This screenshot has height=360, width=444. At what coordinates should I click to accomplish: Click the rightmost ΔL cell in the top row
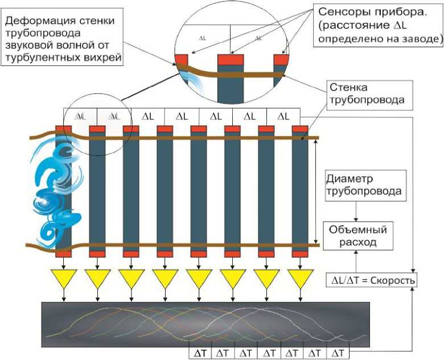click(283, 116)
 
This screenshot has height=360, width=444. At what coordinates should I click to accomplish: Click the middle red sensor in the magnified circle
click(231, 60)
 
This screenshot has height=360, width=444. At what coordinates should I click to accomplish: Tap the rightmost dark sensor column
click(300, 191)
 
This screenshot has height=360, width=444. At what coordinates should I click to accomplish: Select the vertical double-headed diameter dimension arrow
click(316, 191)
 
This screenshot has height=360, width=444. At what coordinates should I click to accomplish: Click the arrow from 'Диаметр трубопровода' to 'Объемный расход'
click(355, 211)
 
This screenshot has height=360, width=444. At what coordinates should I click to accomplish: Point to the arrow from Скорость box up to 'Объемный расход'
click(355, 262)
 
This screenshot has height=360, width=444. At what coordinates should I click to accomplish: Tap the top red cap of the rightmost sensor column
click(300, 129)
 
